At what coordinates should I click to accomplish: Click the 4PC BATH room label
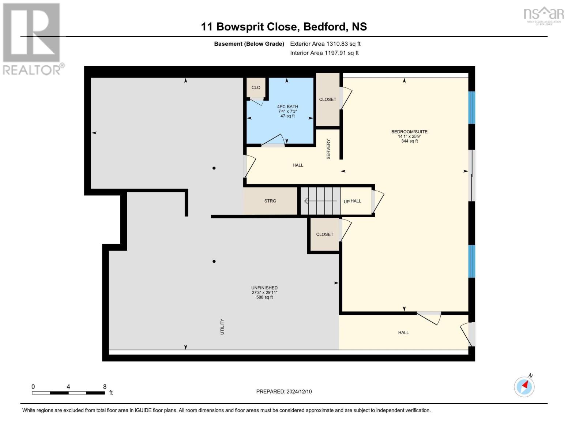click(x=287, y=106)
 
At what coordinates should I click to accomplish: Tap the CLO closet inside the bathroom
click(x=256, y=87)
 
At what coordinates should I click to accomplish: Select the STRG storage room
click(x=270, y=201)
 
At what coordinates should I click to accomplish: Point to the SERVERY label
click(x=328, y=149)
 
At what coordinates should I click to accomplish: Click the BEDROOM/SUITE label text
click(x=409, y=132)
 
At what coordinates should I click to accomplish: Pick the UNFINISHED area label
click(x=264, y=288)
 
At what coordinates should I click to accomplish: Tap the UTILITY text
click(x=222, y=327)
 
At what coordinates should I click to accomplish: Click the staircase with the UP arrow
click(x=320, y=201)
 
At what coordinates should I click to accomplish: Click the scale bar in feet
click(x=68, y=393)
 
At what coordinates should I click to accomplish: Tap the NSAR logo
click(x=544, y=16)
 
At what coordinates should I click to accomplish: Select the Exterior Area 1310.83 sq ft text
click(x=325, y=44)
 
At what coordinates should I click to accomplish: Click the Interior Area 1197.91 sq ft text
click(x=324, y=53)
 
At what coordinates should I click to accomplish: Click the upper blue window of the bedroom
click(x=471, y=108)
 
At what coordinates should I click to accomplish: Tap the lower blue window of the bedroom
click(x=471, y=261)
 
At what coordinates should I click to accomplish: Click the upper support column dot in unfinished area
click(x=214, y=168)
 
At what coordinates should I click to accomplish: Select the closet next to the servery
click(x=328, y=100)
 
